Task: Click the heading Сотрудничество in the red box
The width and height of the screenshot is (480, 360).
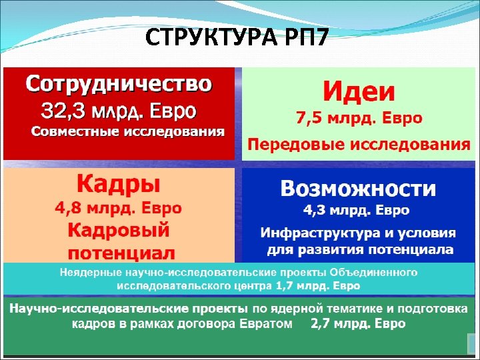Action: [119, 85]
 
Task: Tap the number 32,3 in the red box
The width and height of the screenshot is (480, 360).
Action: [64, 109]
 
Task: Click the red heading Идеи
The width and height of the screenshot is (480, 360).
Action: [359, 91]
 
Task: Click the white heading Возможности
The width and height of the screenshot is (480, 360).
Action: [358, 189]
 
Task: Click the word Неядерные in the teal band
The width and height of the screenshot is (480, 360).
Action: [85, 273]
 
